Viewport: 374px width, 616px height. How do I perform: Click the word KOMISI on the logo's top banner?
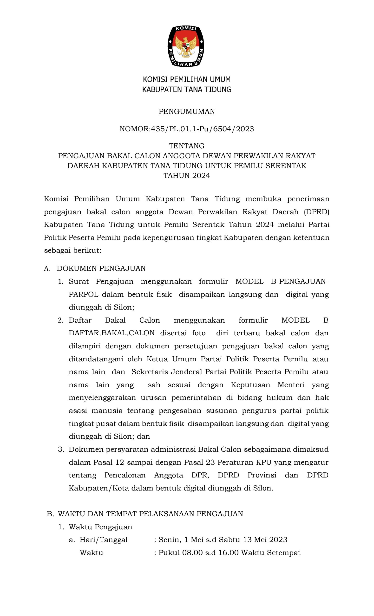coord(186,28)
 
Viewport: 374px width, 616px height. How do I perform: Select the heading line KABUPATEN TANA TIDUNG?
coord(187,90)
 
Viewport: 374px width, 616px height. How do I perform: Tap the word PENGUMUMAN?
coord(187,112)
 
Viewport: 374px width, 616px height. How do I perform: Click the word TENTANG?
coord(187,146)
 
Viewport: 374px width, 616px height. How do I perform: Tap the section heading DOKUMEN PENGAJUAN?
coord(101,269)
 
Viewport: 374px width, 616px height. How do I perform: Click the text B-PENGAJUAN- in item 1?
coord(300,281)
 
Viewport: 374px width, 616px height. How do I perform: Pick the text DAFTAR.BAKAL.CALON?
coord(112,333)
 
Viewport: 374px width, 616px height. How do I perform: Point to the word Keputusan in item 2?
coord(250,385)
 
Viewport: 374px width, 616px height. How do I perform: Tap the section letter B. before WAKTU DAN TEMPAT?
coord(51,514)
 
